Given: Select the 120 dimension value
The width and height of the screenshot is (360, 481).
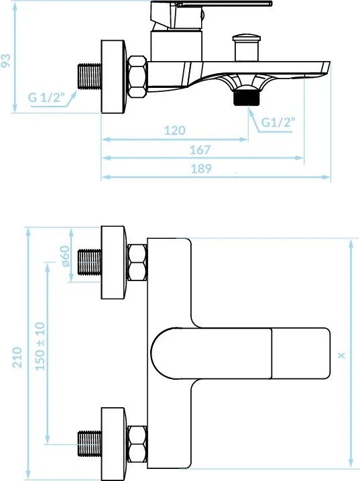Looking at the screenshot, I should point(174,131).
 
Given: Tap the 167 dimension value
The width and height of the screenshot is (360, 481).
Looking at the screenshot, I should point(200,150).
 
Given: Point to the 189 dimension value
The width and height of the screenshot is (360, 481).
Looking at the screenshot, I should point(200,169).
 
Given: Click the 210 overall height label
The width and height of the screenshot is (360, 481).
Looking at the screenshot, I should point(18,357).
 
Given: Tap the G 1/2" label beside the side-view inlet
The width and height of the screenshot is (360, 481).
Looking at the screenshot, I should point(46,98).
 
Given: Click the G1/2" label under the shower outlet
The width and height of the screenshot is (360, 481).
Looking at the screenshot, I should point(278,122).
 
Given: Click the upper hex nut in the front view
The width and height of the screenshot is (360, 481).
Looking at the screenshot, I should point(137,263).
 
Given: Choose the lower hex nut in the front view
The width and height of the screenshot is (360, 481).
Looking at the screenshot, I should point(137,443).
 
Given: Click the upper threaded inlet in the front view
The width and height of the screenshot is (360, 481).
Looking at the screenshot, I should point(89,263).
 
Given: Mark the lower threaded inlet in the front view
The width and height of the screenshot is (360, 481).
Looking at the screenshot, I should point(89,443).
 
